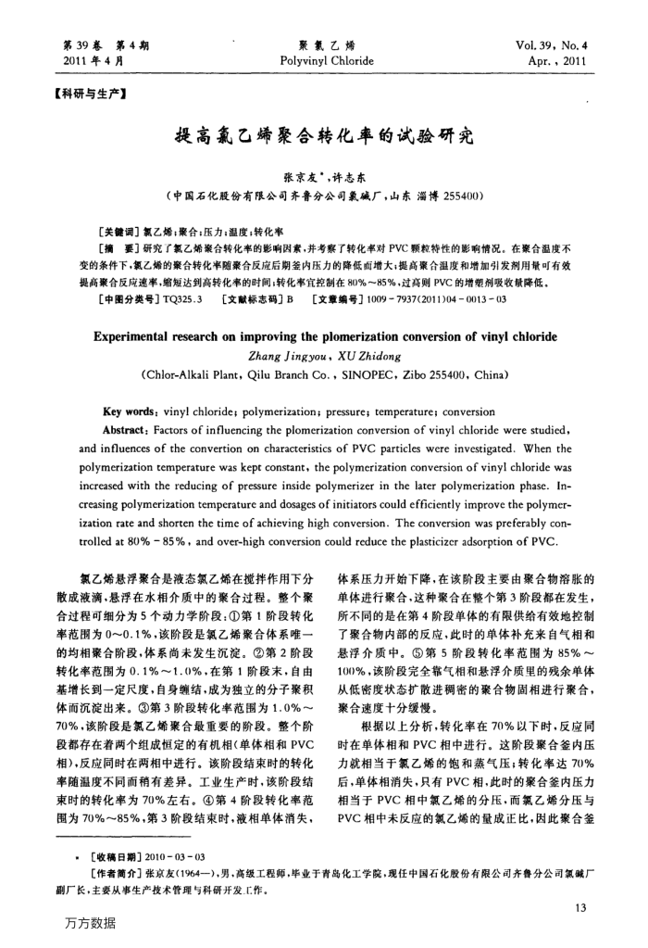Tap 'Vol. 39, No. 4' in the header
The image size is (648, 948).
pos(555,44)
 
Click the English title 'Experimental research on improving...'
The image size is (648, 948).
pos(323,310)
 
